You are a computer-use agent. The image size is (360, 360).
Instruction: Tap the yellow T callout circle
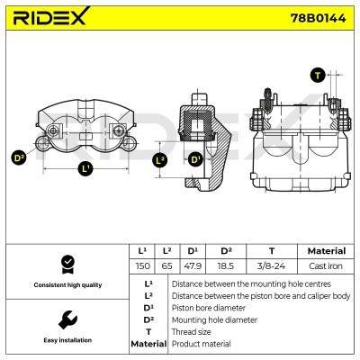[x=316, y=75]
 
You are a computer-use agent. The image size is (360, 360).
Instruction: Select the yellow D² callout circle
[x=19, y=158]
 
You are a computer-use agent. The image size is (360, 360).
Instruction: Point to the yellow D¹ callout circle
[x=194, y=160]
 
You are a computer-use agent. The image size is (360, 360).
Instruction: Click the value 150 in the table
[x=141, y=267]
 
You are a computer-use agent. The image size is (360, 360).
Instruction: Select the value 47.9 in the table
[x=192, y=267]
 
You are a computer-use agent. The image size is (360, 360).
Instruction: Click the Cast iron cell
[x=326, y=267]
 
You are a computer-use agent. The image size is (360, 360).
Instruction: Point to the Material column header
[x=326, y=251]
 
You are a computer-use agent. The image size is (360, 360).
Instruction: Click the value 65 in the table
[x=166, y=267]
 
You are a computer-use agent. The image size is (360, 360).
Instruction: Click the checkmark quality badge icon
[x=66, y=264]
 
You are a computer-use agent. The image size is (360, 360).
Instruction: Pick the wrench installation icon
[x=66, y=319]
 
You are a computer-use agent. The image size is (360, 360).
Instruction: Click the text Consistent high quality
[x=66, y=285]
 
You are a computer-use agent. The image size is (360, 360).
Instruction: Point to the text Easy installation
[x=66, y=341]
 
